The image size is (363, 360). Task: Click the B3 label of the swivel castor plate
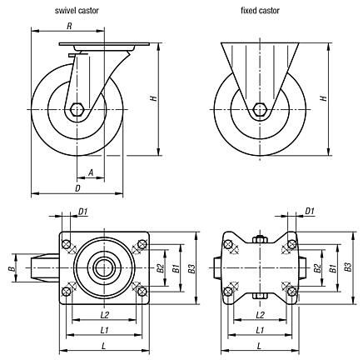(191, 268)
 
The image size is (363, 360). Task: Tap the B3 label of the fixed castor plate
(347, 268)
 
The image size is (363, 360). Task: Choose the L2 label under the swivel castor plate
(106, 314)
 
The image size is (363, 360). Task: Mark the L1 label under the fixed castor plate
(261, 331)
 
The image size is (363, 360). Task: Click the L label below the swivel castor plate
(102, 346)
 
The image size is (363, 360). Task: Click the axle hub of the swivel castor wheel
(77, 110)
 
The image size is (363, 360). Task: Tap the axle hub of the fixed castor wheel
(259, 110)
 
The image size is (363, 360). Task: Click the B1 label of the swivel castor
(175, 268)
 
